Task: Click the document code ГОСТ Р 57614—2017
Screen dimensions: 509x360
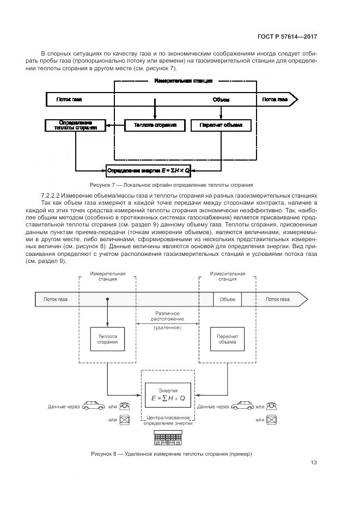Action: pyautogui.click(x=287, y=38)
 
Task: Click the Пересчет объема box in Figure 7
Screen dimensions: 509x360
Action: pyautogui.click(x=221, y=125)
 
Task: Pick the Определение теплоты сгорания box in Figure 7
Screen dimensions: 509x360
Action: pyautogui.click(x=75, y=125)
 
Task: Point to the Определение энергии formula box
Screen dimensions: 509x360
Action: pyautogui.click(x=148, y=170)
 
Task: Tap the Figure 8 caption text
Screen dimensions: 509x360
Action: pyautogui.click(x=172, y=453)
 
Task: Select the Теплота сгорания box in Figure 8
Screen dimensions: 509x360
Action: pyautogui.click(x=108, y=339)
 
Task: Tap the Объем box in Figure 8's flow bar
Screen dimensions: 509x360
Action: pyautogui.click(x=227, y=299)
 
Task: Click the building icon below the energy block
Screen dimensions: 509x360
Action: pyautogui.click(x=168, y=436)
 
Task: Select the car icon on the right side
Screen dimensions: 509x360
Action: pyautogui.click(x=242, y=407)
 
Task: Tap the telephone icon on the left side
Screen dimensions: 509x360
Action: pyautogui.click(x=125, y=407)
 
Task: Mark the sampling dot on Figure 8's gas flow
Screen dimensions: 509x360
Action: pyautogui.click(x=108, y=299)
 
